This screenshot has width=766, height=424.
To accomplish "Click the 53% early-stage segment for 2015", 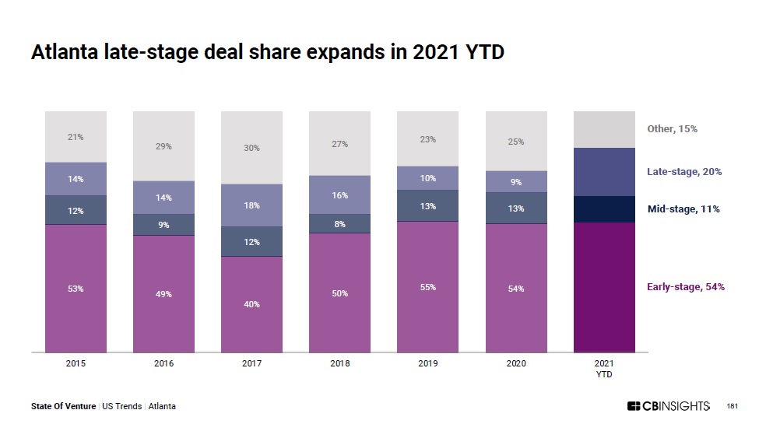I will (x=76, y=289).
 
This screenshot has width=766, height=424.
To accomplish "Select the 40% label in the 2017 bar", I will (x=251, y=304).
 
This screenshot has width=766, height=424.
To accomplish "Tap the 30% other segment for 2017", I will (x=251, y=148).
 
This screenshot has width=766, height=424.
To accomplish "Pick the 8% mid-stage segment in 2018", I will (x=339, y=223).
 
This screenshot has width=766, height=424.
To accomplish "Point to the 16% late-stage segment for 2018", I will (x=339, y=194).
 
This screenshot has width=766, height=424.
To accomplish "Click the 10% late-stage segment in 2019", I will (x=427, y=178).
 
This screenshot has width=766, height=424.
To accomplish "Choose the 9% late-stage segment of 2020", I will (x=515, y=182).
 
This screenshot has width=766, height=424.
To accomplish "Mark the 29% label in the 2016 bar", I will (x=163, y=146).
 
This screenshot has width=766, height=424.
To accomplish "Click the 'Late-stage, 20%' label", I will (x=684, y=171).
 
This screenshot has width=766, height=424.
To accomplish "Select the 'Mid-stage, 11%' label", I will (x=683, y=209).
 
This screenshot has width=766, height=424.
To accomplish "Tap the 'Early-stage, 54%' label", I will (x=685, y=287).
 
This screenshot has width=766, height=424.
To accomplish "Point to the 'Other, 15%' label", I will (x=672, y=128).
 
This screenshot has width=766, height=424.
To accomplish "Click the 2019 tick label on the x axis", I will (x=427, y=363).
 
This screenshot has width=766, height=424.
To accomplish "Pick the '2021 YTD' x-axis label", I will (x=603, y=368).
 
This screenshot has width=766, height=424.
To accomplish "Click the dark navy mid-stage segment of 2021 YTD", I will (x=603, y=209).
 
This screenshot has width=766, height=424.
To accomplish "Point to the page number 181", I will (x=732, y=406).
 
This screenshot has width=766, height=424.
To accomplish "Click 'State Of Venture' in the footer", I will (x=64, y=406).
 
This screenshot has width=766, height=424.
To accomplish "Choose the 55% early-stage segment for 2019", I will (x=427, y=287).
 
